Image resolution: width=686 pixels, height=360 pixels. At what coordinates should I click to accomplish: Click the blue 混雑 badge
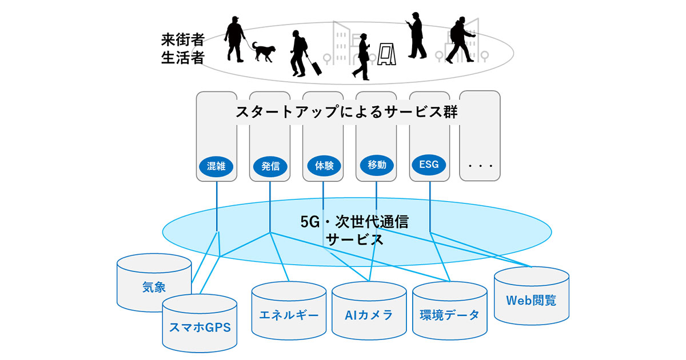pyautogui.click(x=217, y=166)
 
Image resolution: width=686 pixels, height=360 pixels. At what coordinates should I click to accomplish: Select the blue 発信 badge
pyautogui.click(x=270, y=166)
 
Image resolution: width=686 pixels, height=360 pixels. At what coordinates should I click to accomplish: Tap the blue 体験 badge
pyautogui.click(x=324, y=166)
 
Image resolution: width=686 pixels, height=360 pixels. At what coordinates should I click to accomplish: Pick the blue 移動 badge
pyautogui.click(x=377, y=166)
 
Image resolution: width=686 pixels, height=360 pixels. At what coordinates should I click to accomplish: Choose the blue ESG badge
pyautogui.click(x=429, y=165)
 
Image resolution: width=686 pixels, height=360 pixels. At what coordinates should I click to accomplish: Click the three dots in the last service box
pyautogui.click(x=480, y=166)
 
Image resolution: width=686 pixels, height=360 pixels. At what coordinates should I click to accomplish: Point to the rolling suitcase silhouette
pyautogui.click(x=314, y=65)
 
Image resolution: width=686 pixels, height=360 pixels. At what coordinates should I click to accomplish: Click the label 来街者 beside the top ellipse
pyautogui.click(x=182, y=41)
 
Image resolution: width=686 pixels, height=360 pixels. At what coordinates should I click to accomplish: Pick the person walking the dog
pyautogui.click(x=235, y=38)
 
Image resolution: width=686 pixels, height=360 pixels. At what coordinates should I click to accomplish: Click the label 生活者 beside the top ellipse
pyautogui.click(x=182, y=58)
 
